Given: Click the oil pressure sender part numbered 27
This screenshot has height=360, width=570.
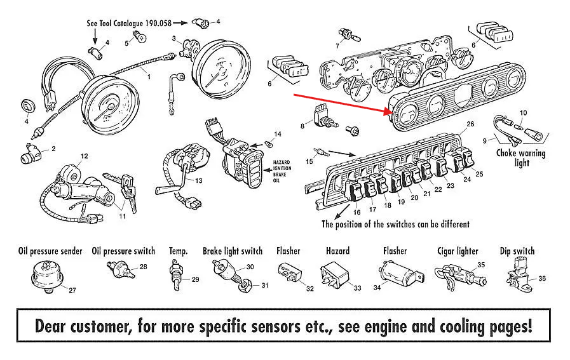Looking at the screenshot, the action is point(47,278).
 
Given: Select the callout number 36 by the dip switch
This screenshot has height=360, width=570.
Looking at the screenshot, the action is point(541,279).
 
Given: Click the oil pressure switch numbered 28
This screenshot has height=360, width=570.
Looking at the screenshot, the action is point(121,270).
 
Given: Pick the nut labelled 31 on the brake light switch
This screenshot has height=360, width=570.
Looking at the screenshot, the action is point(244,286).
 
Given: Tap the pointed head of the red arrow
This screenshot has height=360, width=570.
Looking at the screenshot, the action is point(388,111).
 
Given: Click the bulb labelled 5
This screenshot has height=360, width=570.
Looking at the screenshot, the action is point(139,37).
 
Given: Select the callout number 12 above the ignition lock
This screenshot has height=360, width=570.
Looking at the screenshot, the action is point(84,156).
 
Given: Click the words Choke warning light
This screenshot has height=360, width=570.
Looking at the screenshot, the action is point(521,157).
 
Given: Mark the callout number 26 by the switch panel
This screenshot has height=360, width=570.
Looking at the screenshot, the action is point(470,124).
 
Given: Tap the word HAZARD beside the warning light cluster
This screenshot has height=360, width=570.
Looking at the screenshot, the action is point(282,163).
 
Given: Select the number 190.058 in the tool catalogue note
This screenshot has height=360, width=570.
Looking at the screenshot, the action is point(158,23).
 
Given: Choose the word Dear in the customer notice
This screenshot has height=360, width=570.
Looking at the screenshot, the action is point(50,326).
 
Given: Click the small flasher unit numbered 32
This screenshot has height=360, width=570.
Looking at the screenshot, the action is point(290,273).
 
